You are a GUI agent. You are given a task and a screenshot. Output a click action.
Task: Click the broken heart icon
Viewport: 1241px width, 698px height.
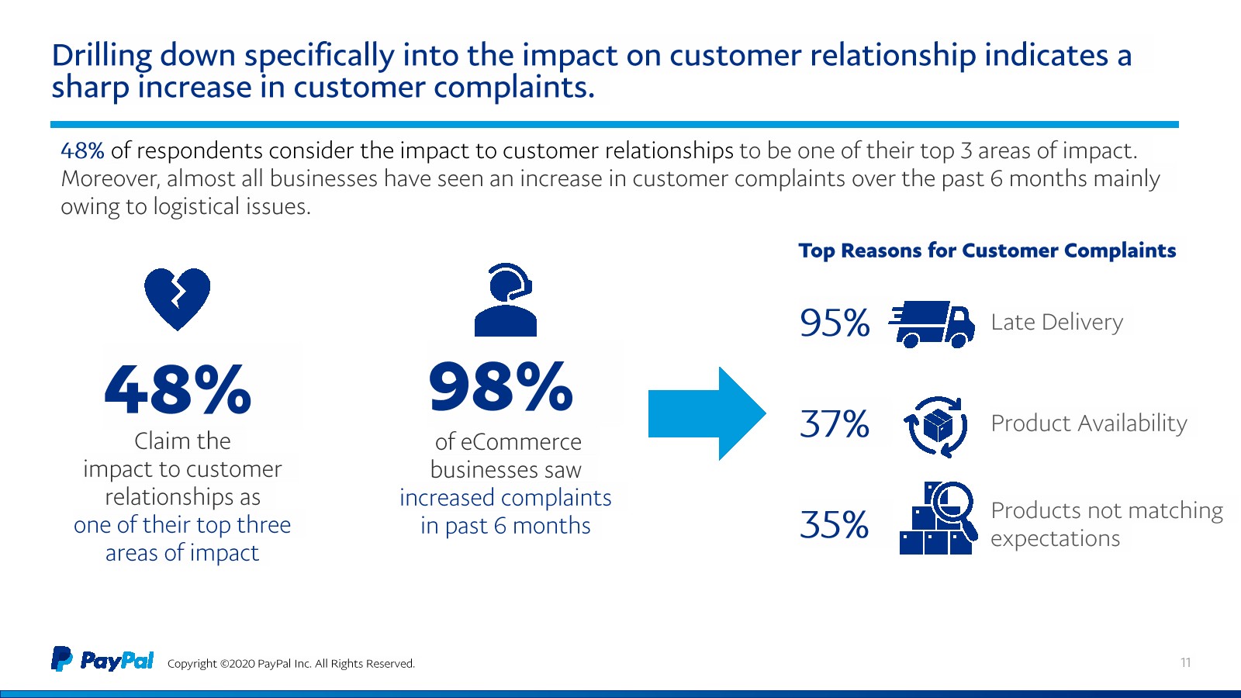pyautogui.click(x=177, y=299)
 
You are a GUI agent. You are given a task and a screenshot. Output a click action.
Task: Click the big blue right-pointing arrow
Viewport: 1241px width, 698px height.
pyautogui.click(x=707, y=413)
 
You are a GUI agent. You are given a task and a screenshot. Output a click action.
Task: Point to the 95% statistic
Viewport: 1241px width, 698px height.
pyautogui.click(x=835, y=323)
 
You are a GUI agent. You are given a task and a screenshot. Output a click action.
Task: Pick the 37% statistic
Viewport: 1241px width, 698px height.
pyautogui.click(x=835, y=424)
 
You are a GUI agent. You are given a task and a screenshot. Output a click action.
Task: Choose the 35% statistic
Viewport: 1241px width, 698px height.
pyautogui.click(x=835, y=525)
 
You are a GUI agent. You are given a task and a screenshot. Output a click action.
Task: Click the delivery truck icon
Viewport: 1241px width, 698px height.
pyautogui.click(x=932, y=323)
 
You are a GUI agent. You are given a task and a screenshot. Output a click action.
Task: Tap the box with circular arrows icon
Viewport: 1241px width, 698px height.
pyautogui.click(x=936, y=426)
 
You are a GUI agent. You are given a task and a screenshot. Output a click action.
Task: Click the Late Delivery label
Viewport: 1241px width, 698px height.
pyautogui.click(x=1056, y=322)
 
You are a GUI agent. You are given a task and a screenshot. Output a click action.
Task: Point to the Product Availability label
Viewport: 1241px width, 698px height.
pyautogui.click(x=1089, y=423)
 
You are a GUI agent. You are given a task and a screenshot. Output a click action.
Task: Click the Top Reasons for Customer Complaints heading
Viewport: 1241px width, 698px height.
pyautogui.click(x=987, y=251)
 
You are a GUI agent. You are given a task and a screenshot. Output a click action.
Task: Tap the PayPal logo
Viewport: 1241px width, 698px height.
pyautogui.click(x=103, y=660)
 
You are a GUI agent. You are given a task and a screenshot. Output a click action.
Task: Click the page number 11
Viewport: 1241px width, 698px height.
pyautogui.click(x=1185, y=662)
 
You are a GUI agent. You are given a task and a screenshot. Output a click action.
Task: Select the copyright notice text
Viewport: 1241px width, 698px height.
pyautogui.click(x=291, y=664)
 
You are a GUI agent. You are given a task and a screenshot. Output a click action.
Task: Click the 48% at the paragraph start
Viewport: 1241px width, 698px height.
pyautogui.click(x=82, y=150)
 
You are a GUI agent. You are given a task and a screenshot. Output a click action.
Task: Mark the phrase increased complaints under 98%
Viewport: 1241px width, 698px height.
pyautogui.click(x=505, y=498)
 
